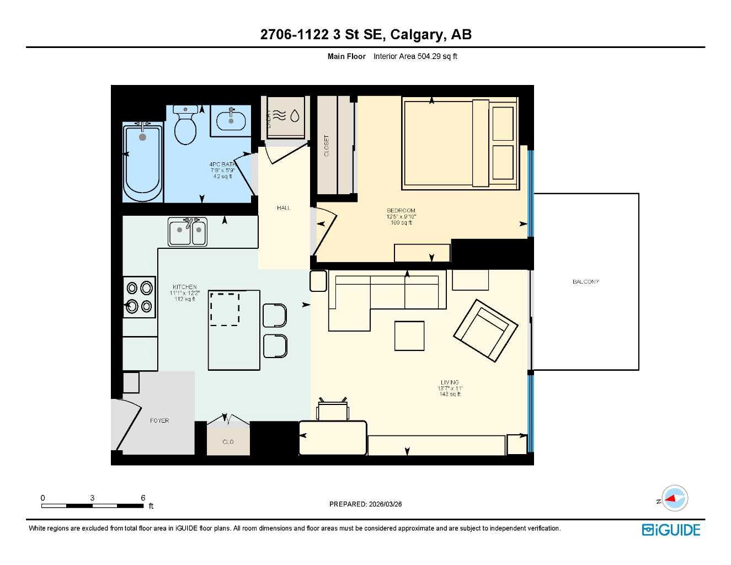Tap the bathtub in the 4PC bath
143,163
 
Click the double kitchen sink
188,232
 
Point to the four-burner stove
139,297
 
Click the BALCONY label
585,281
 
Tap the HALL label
284,207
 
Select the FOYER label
159,420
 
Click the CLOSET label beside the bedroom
326,146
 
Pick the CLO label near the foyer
228,441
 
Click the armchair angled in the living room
485,331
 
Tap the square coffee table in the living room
409,335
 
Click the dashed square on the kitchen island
225,309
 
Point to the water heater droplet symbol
295,115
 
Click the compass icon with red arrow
674,499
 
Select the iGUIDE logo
671,530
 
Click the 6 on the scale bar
143,498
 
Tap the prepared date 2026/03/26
385,504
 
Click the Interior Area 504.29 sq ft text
415,56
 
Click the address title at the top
366,34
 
